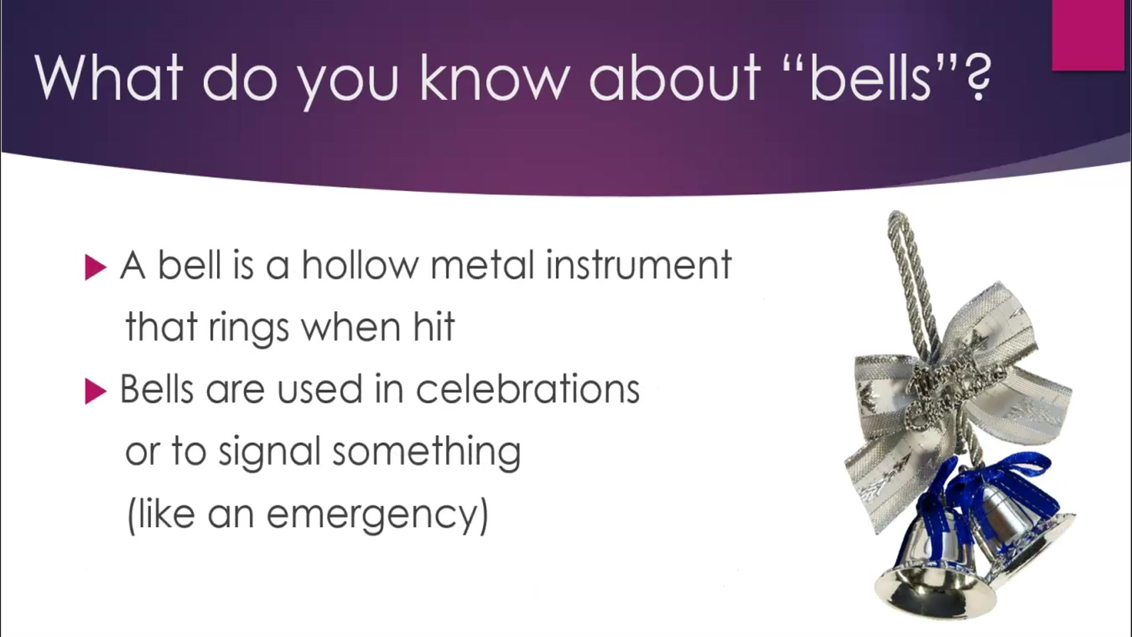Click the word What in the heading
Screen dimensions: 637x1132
click(x=109, y=78)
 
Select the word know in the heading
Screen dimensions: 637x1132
click(x=494, y=78)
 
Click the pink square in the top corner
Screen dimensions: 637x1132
click(x=1088, y=35)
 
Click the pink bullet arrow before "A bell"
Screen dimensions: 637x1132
click(x=95, y=267)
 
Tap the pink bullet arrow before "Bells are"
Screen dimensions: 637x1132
click(x=95, y=391)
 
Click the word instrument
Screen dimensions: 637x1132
click(x=639, y=265)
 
